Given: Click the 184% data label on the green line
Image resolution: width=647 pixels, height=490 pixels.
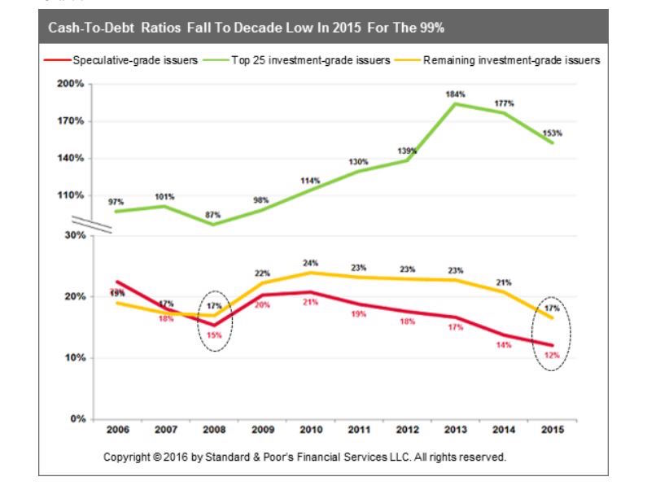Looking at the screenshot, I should click(455, 94).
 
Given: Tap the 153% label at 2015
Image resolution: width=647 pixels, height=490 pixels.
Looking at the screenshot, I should click(553, 133).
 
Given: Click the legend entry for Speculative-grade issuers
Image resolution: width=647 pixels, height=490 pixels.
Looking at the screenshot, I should click(133, 61).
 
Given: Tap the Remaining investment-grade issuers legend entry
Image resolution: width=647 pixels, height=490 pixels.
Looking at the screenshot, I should click(511, 61).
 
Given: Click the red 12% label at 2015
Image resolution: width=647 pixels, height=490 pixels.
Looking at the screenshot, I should click(552, 357).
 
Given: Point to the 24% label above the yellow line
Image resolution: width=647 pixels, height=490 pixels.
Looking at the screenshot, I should click(311, 263).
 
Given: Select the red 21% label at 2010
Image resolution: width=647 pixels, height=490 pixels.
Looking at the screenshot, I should click(310, 302).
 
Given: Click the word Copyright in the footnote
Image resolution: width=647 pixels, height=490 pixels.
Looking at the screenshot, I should click(127, 457).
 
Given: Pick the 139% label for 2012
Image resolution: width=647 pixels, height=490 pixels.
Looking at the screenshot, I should click(408, 151).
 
